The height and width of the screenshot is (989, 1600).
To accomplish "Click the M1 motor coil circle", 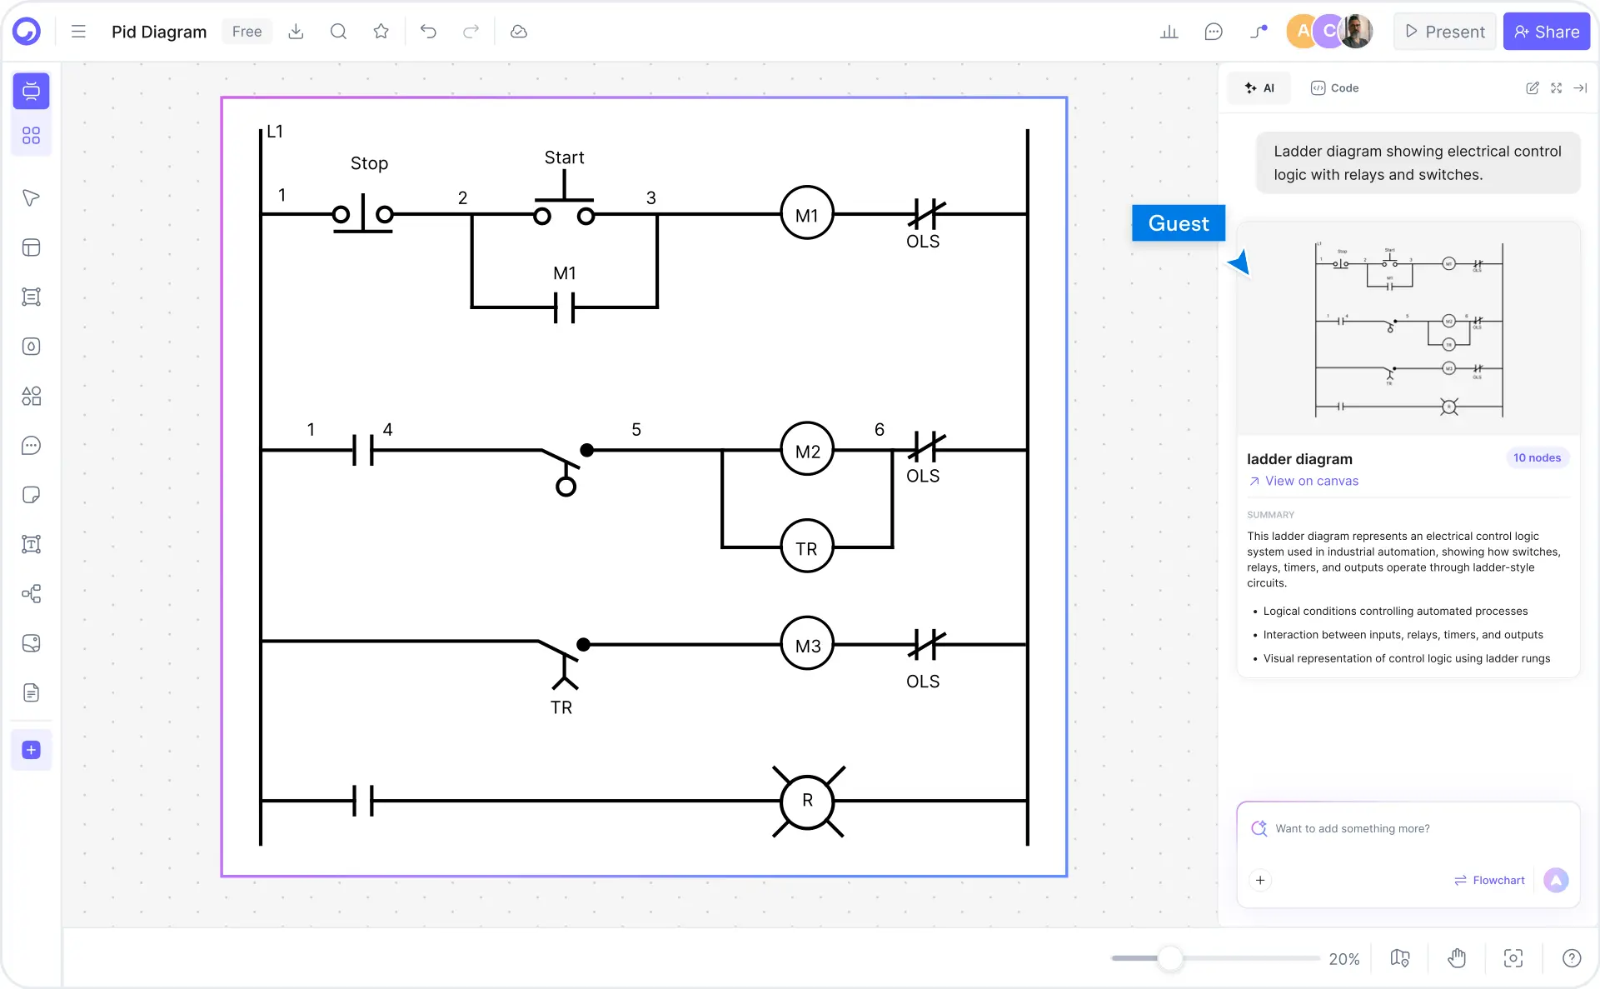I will (806, 214).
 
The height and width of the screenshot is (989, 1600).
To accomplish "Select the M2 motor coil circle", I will (806, 450).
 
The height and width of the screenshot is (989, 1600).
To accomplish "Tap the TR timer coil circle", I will (806, 547).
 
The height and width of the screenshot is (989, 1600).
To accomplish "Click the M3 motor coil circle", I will (806, 644).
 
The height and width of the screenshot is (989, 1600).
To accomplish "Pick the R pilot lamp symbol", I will (806, 801).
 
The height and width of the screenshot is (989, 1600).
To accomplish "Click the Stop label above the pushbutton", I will (369, 163).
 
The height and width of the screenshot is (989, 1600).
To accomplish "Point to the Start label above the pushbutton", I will (564, 157).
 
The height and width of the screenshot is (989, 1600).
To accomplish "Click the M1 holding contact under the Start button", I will (564, 307).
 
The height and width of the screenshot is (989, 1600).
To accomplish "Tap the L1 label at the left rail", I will (275, 132).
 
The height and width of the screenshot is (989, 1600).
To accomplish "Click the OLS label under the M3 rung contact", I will (922, 682).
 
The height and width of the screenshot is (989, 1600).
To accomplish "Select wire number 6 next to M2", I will (879, 429).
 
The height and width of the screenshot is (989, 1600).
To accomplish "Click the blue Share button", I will (1546, 32).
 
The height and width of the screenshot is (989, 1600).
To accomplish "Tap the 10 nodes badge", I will (1536, 457).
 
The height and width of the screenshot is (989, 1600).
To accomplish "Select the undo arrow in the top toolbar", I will (428, 32).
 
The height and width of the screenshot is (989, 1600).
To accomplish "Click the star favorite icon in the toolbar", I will (381, 32).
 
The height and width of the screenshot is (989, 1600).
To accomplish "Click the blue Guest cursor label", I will (1178, 223).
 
